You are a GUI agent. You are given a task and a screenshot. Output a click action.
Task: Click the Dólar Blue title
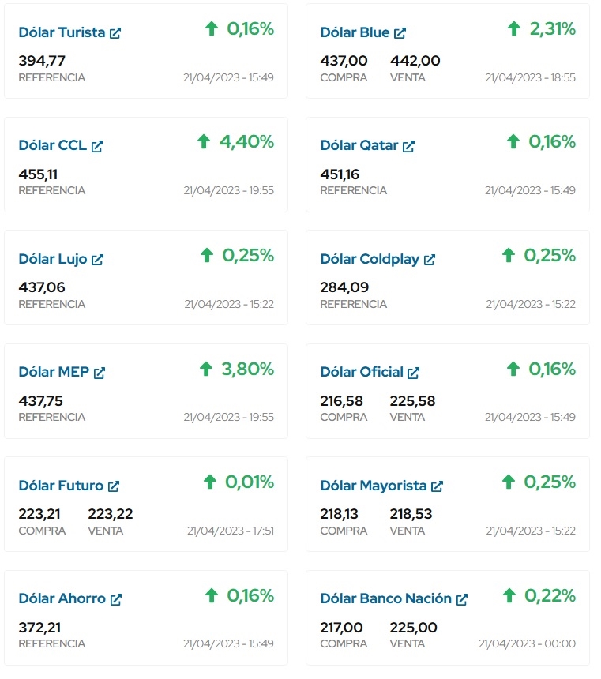355,32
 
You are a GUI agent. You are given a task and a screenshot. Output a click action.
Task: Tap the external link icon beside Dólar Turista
115,33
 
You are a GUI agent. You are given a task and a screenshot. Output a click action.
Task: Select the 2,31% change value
552,29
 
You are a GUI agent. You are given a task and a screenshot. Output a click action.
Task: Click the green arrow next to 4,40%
204,142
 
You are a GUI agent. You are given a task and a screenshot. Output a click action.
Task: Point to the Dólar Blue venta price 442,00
415,61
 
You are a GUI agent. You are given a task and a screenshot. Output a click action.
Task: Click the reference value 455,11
38,174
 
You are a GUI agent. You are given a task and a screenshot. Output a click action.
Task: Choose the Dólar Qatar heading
359,145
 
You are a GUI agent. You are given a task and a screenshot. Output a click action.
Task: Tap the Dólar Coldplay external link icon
430,260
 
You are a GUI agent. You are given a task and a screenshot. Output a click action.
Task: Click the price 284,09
344,287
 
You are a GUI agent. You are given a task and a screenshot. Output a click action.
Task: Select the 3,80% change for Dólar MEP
246,369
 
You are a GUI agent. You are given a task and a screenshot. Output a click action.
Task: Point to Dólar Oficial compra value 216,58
341,401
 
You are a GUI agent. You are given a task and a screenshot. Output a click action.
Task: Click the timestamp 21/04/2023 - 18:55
530,77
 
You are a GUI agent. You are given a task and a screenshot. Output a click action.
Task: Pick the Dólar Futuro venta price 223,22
111,514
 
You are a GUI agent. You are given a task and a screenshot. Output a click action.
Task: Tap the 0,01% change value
250,482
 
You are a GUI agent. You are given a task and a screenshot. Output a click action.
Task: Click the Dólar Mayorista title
373,486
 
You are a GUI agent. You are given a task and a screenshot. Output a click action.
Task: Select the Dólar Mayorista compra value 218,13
339,514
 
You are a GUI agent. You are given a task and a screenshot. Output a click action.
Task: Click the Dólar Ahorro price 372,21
39,628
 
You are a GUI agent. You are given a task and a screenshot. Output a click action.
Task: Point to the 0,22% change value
550,595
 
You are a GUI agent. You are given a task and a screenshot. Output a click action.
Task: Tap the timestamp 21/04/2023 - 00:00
527,643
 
